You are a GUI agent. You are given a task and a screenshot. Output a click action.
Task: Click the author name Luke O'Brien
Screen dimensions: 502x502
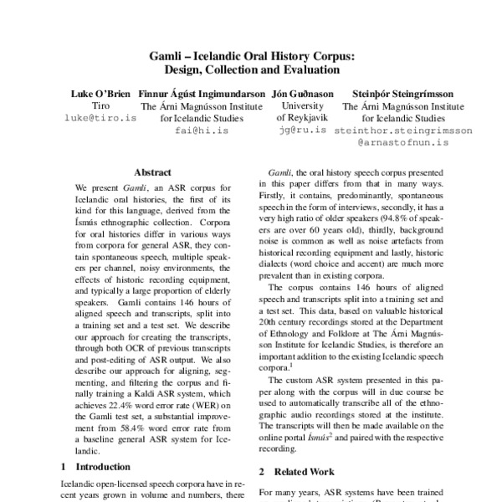tap(100, 95)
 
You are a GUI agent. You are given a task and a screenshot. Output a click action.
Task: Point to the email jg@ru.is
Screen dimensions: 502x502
tap(302, 131)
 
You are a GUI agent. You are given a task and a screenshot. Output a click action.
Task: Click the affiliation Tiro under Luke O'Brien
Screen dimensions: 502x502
tap(100, 106)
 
